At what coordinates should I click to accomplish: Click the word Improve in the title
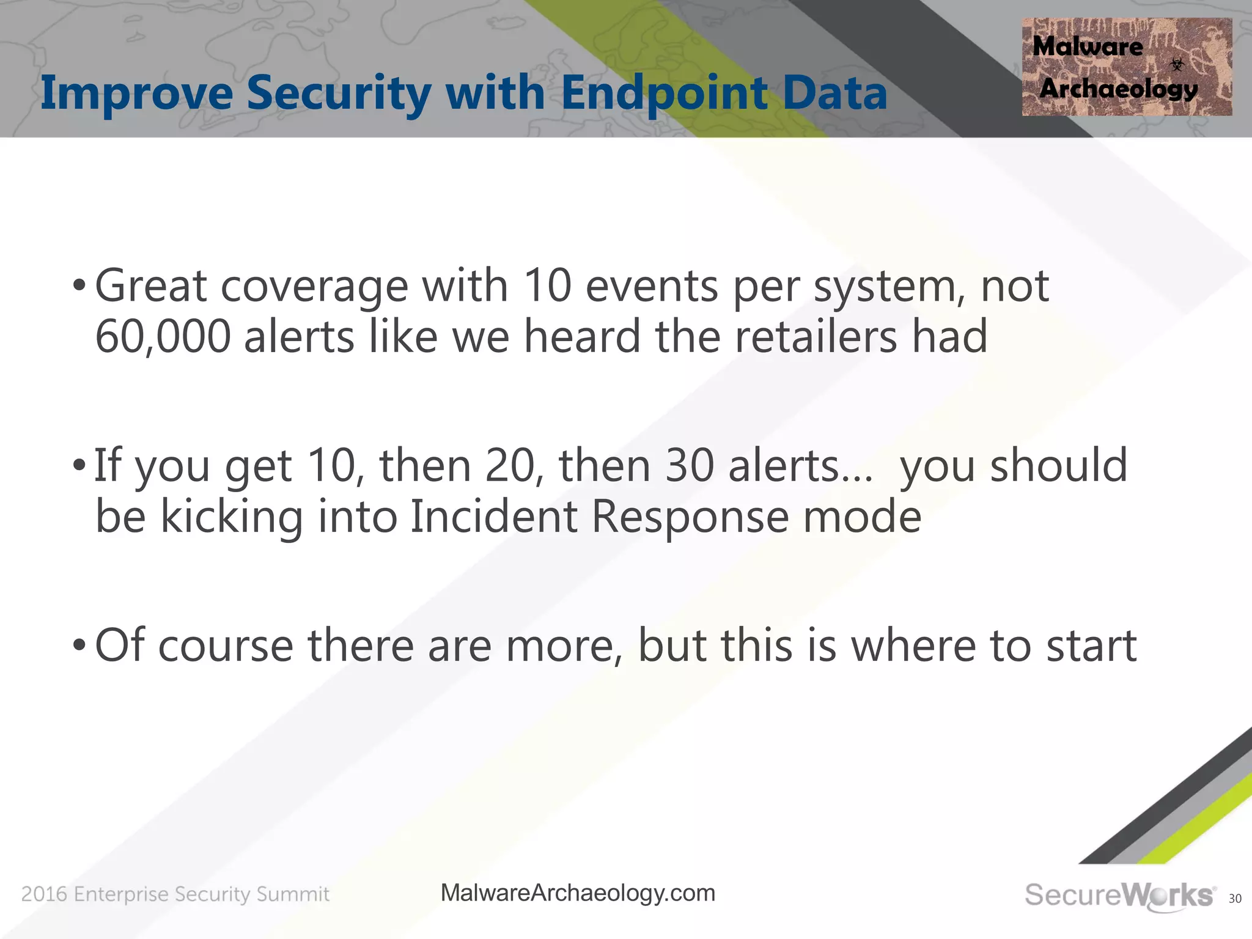coord(136,93)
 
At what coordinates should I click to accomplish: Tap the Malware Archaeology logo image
coord(1126,67)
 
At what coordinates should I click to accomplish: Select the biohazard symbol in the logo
coord(1177,64)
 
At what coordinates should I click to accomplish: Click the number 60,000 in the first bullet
coord(163,337)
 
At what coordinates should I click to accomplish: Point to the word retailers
coord(816,337)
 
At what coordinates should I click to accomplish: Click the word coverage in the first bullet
coord(314,286)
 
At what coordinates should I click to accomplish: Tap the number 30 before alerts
coord(690,466)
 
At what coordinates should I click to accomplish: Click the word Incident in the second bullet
coord(493,517)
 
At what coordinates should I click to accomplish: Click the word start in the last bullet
coord(1091,646)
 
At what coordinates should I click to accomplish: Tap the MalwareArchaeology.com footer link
coord(578,893)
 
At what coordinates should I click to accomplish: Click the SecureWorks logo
coord(1119,896)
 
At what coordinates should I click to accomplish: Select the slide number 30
coord(1234,898)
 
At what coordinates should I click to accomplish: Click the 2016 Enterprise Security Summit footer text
coord(175,894)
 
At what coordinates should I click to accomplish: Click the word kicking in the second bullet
coord(232,517)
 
